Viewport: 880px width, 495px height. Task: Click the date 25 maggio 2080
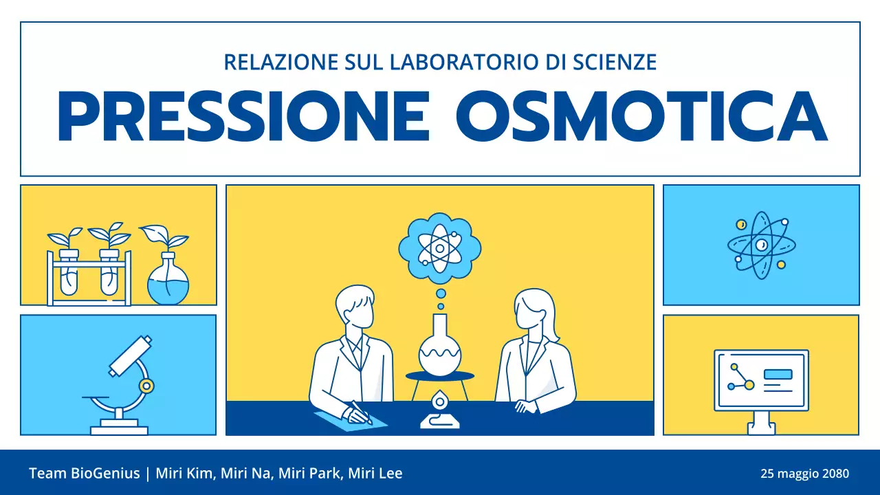804,474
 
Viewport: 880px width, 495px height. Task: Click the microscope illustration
127,385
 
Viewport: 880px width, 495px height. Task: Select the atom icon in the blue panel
761,245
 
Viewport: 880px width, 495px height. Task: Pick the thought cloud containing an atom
440,247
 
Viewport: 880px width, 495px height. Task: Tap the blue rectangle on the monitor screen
778,375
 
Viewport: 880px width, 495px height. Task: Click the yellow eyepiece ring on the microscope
146,386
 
